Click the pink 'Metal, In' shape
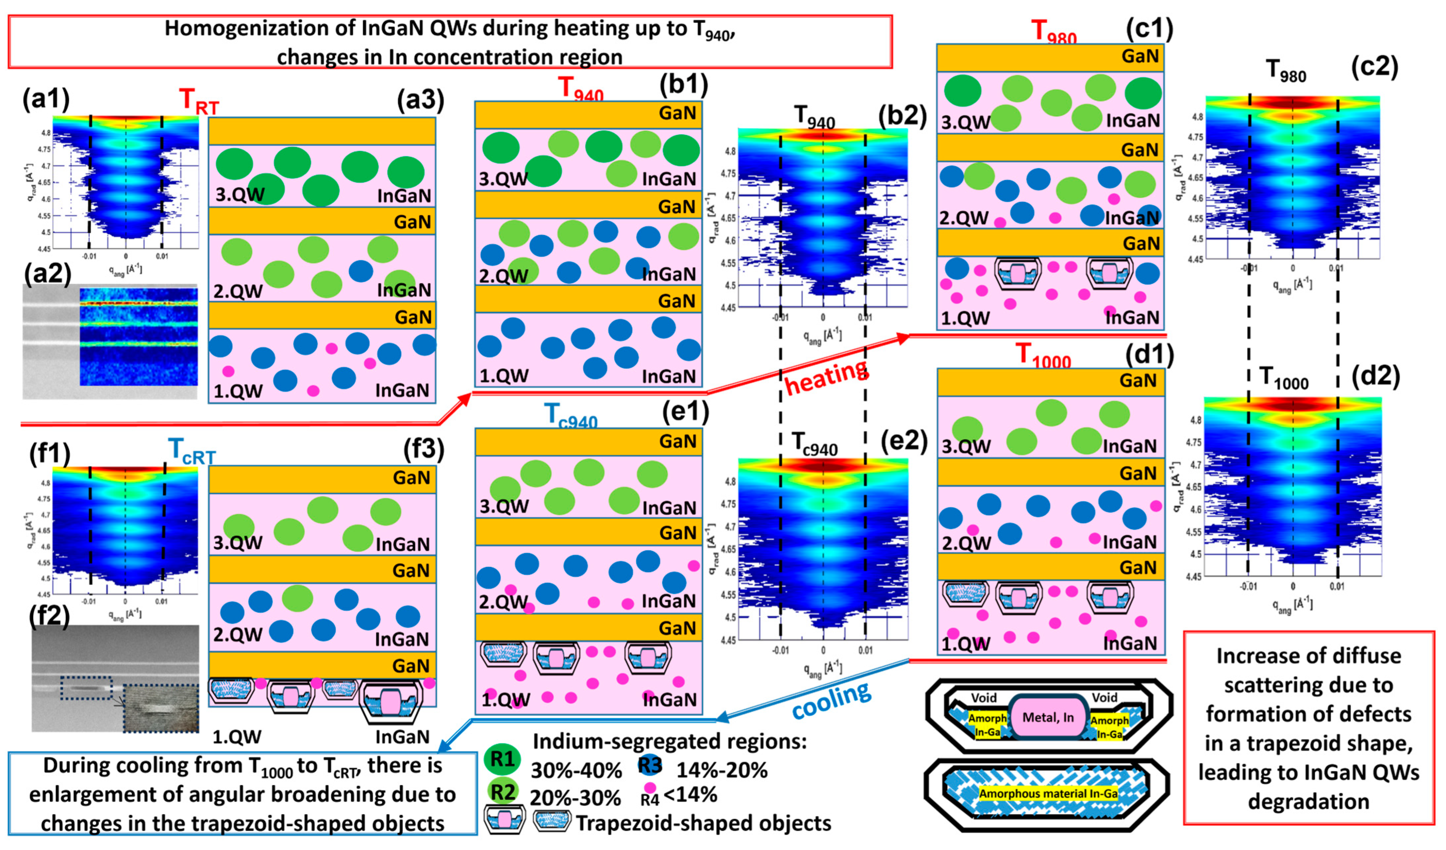(1048, 717)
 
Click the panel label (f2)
(49, 615)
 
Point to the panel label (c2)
(1374, 67)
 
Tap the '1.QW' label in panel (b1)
(504, 376)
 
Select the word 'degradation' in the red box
(1308, 801)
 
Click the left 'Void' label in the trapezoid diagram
(983, 697)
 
